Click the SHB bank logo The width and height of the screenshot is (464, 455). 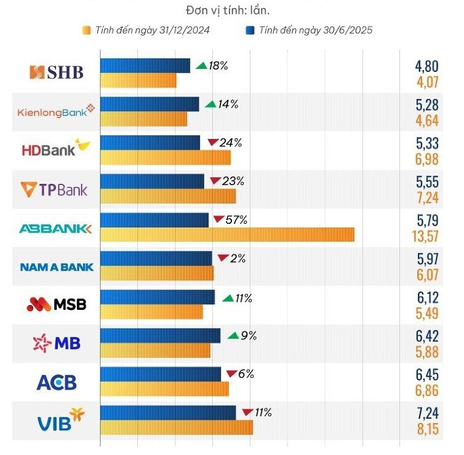56,73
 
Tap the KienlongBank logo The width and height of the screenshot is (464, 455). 56,111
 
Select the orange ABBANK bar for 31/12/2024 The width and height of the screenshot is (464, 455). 227,234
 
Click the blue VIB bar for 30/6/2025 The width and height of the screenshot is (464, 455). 168,413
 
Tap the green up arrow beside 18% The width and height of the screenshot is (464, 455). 201,65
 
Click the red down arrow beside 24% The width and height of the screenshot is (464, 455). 213,143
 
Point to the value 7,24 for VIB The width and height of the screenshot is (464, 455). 426,413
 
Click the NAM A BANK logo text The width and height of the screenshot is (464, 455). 57,267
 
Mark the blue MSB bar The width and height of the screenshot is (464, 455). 158,297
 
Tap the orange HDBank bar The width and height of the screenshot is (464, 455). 166,157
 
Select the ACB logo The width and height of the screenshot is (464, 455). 57,382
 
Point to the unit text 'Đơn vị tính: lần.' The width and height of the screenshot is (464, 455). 227,10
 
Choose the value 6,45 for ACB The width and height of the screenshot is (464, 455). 426,374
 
